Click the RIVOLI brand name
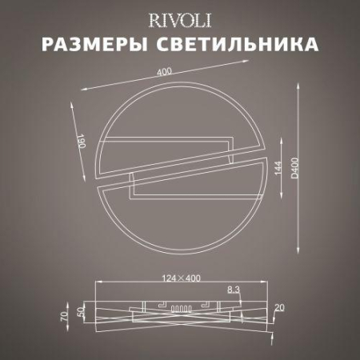tap(180, 18)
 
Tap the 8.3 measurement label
tap(234, 288)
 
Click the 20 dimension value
tap(278, 307)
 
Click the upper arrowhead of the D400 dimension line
tap(302, 85)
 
